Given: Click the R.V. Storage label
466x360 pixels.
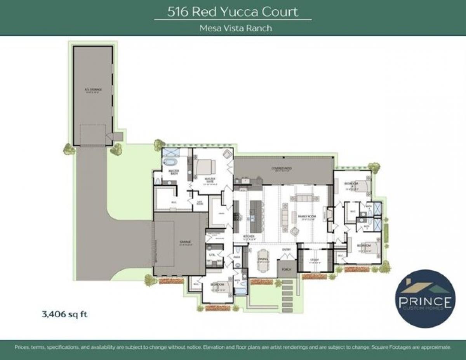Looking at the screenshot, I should tap(93, 90).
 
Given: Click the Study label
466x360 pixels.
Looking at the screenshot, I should tap(314, 260).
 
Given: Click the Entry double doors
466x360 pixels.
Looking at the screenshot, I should tap(287, 255).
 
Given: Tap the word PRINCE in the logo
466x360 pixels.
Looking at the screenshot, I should tap(424, 301).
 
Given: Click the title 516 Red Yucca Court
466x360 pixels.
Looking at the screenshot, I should tap(233, 12).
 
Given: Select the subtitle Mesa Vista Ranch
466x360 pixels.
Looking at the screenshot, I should tap(233, 28).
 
